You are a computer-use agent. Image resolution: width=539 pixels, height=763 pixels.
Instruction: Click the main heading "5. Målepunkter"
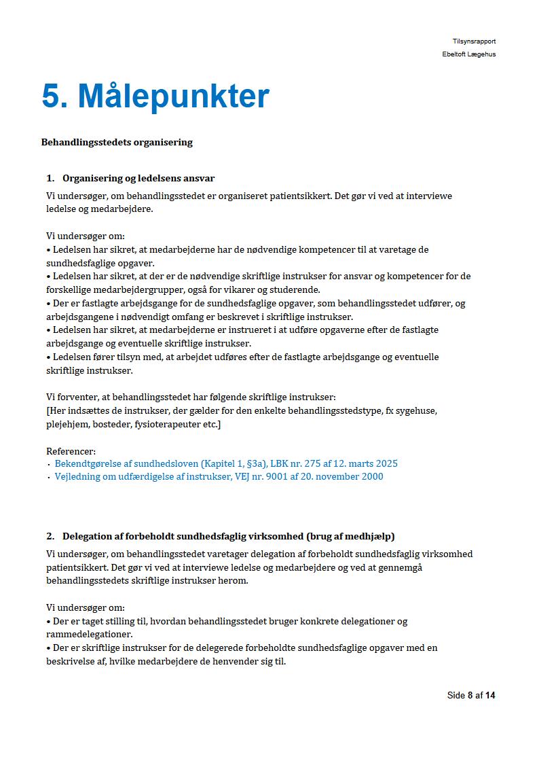click(x=155, y=96)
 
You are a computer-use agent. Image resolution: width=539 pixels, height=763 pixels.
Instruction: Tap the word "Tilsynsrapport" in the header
click(x=474, y=41)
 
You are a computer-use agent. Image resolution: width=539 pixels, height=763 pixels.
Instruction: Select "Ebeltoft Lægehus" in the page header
click(x=468, y=54)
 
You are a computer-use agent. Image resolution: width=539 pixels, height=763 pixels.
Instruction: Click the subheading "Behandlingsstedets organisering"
click(x=117, y=143)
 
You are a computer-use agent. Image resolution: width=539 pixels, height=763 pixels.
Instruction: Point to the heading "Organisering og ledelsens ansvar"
click(x=138, y=179)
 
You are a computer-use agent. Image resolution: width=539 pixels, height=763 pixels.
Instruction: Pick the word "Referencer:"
click(x=71, y=450)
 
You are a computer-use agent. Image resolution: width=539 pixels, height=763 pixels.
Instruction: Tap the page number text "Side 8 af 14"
click(x=471, y=695)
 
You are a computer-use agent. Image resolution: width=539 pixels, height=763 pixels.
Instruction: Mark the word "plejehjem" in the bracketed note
click(x=67, y=424)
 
